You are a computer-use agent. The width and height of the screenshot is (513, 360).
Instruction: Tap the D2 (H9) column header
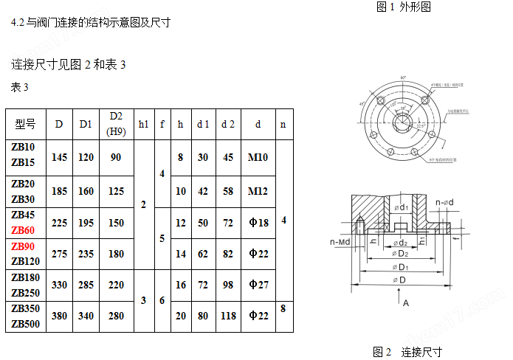pos(116,124)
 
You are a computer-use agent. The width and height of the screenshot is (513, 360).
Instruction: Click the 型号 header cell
pos(25,124)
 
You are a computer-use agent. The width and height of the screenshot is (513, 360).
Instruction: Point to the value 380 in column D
pos(60,316)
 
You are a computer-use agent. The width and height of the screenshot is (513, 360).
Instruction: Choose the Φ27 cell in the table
pos(258,285)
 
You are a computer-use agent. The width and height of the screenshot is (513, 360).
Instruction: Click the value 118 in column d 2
pos(228,316)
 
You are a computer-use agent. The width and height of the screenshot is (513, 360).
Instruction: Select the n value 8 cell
pos(283,308)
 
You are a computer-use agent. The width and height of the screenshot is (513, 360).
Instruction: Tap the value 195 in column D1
pos(86,223)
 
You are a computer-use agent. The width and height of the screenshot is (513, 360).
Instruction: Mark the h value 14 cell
pos(181,254)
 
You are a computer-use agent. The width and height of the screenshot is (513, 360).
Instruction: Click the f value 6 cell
pos(162,300)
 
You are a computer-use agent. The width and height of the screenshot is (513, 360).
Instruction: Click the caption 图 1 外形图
pos(403,7)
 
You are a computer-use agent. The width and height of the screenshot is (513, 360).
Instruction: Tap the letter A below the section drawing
pos(405,302)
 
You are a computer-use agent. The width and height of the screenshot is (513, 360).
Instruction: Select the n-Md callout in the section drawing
pos(339,240)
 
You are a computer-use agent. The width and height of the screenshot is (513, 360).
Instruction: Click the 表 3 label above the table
pos(20,88)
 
